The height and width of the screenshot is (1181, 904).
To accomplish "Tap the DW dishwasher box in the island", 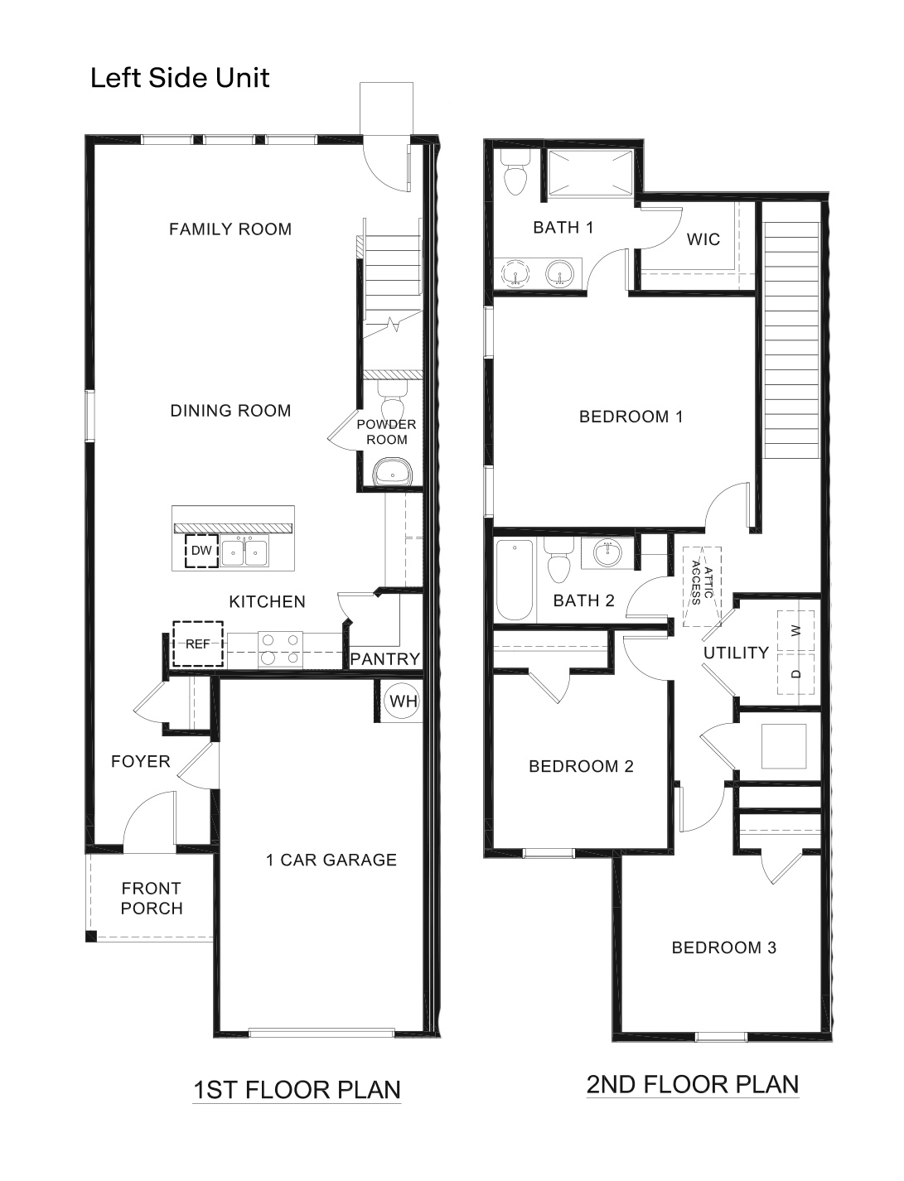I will (x=201, y=551).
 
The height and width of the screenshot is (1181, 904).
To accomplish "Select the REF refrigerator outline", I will (x=198, y=644).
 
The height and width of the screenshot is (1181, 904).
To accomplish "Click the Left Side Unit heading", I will (x=180, y=78).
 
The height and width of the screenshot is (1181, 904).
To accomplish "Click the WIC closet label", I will (x=703, y=240).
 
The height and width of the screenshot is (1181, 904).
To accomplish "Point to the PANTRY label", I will (x=385, y=659).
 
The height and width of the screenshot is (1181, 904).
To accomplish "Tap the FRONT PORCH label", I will (x=152, y=899).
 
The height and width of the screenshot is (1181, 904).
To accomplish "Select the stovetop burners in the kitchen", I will (x=281, y=648).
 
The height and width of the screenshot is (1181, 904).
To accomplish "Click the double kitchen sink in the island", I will (x=244, y=552).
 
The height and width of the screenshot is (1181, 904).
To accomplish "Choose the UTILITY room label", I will (x=736, y=653).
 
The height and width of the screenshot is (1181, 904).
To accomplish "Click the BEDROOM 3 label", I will (x=723, y=947).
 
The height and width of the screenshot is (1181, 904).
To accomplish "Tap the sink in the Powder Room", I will (x=390, y=474).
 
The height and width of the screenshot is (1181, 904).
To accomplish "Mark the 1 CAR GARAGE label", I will (x=331, y=860).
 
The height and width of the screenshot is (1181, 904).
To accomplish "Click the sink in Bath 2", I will (x=609, y=553).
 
